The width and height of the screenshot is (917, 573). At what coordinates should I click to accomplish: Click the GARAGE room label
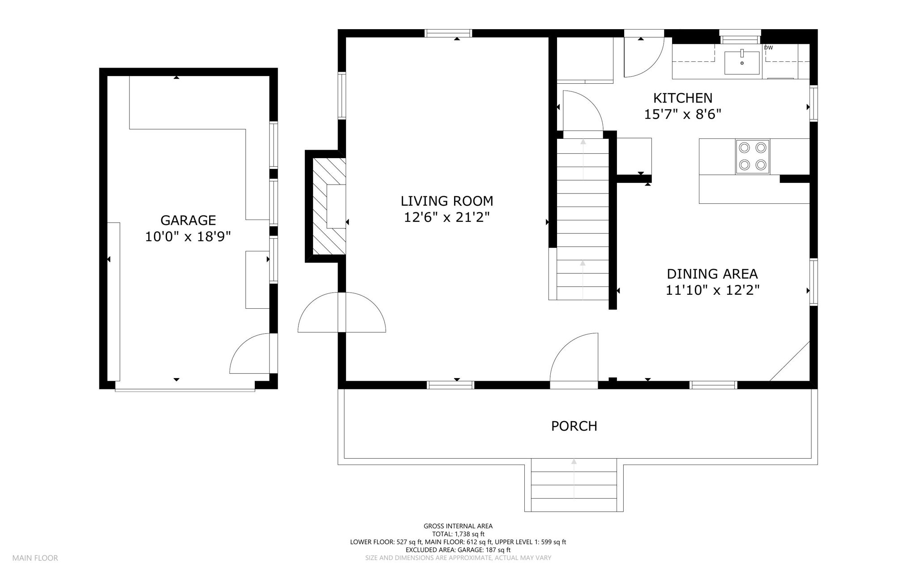188,220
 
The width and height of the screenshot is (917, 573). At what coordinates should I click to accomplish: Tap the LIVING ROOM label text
447,201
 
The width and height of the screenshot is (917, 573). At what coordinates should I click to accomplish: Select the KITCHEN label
683,98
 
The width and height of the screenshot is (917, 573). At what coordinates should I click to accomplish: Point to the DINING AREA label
712,274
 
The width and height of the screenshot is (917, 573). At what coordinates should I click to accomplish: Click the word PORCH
574,426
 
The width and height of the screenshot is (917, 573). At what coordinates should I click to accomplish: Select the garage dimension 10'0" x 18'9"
188,237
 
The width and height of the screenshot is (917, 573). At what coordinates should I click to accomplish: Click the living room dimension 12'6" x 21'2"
447,217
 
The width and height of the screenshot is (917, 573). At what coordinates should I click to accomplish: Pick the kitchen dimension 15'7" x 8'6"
683,114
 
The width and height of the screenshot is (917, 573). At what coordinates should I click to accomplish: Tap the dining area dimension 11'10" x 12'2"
712,290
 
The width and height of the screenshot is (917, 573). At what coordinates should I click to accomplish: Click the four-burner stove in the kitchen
752,157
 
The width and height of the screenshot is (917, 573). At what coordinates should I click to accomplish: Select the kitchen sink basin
742,63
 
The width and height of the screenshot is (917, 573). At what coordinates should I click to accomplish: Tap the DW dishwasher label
768,47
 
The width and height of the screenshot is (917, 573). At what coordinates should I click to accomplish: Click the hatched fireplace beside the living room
329,206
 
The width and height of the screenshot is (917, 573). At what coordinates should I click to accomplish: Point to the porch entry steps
574,485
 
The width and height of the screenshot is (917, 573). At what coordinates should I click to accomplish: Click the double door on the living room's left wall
342,312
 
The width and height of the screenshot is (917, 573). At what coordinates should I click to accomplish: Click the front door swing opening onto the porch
574,357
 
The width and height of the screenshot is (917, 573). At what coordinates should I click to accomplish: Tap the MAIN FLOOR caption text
35,558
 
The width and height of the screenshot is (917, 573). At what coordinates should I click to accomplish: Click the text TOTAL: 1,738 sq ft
458,534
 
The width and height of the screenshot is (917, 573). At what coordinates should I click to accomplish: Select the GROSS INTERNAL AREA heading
458,526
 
